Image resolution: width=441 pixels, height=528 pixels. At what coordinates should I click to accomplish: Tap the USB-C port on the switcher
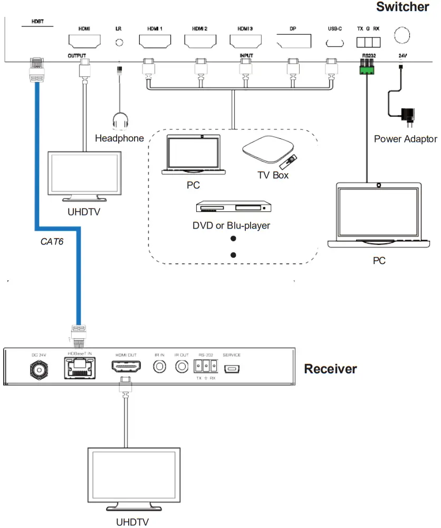334,43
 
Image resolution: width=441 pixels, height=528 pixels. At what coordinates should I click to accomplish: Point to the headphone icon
120,121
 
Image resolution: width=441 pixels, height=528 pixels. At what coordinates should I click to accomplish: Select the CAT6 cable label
52,242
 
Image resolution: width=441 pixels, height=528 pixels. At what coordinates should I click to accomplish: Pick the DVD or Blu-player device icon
231,208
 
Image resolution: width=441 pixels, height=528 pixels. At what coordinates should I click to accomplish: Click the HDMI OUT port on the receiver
127,365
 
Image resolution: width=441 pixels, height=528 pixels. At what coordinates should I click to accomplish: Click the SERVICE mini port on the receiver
232,367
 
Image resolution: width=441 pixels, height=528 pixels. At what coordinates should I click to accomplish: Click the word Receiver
330,369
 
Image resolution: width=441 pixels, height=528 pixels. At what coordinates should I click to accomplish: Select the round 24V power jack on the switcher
401,35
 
